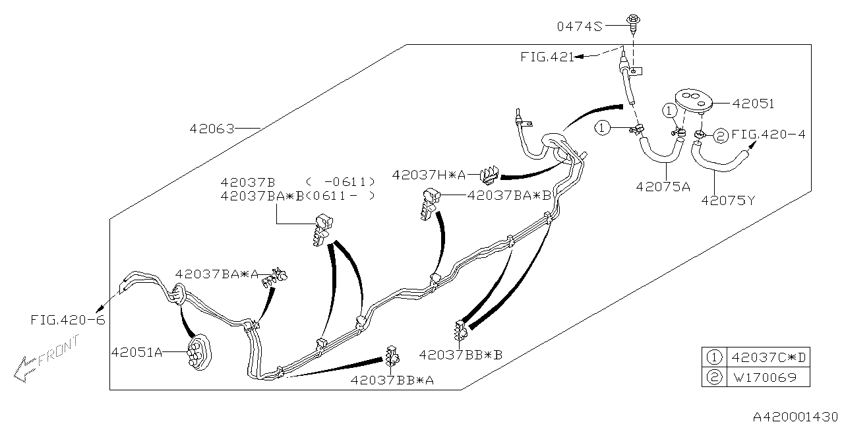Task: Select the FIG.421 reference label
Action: coord(547,57)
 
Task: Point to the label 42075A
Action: coord(663,187)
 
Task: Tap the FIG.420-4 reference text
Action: coord(768,135)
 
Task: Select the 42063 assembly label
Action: coord(212,129)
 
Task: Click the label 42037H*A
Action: coord(429,175)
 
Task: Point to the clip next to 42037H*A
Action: coord(489,175)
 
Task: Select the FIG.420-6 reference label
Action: coord(67,320)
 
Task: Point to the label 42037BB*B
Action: coord(460,355)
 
